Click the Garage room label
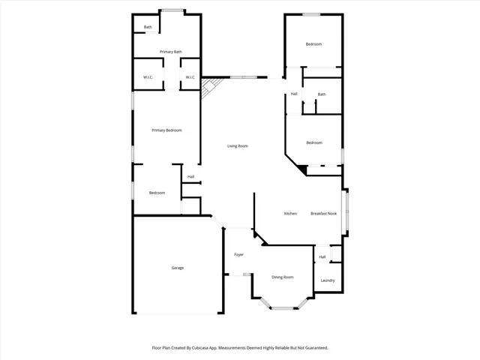point(178,268)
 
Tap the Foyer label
point(238,254)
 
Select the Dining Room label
point(282,277)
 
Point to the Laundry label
point(327,280)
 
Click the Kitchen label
point(290,214)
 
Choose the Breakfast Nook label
point(323,214)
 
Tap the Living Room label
point(238,145)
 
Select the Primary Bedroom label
point(166,130)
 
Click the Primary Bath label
point(170,52)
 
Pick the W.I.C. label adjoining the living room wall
point(190,77)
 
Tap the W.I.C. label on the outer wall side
point(148,77)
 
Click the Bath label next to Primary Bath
point(148,28)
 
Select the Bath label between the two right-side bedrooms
point(322,94)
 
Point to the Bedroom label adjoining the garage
point(157,193)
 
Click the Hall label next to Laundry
point(322,257)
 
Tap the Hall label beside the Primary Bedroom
point(190,177)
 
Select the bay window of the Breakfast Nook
point(346,213)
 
